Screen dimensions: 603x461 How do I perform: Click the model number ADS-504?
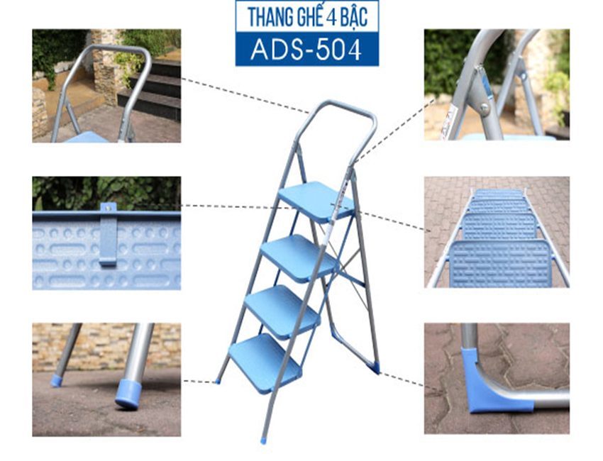pos(306,50)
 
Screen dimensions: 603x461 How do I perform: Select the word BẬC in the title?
pos(353,18)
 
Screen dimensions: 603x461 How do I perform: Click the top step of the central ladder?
pos(316,201)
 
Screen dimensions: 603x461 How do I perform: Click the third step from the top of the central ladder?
pos(282,311)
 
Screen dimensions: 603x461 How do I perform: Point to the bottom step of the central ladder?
pos(265,362)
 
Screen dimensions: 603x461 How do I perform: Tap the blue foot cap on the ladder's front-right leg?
pos(263,440)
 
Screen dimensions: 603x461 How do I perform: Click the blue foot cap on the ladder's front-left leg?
pos(218,381)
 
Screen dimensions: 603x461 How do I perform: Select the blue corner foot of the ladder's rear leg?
pos(376,368)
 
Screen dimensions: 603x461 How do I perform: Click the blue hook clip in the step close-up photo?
pos(108,234)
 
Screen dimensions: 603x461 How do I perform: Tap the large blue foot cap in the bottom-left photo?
pos(129,394)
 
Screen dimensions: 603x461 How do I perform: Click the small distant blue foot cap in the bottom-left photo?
pos(56,380)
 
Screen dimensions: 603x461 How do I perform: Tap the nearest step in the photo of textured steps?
pos(500,264)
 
